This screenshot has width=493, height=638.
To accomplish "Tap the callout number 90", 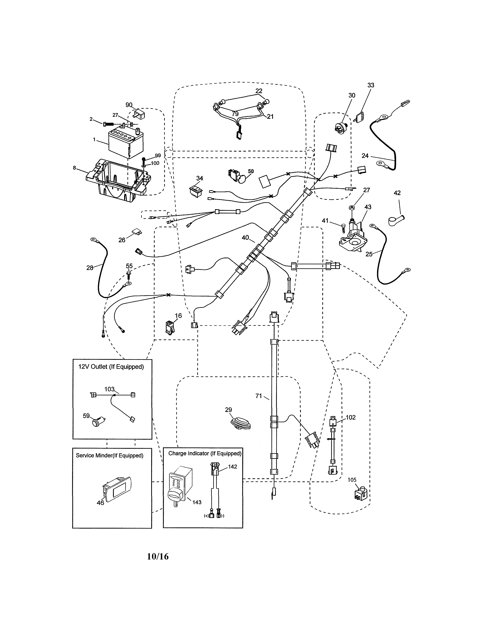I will click(129, 105).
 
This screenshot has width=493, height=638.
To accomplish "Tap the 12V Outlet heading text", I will click(111, 367).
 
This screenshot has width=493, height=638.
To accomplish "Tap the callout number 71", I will click(258, 396).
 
